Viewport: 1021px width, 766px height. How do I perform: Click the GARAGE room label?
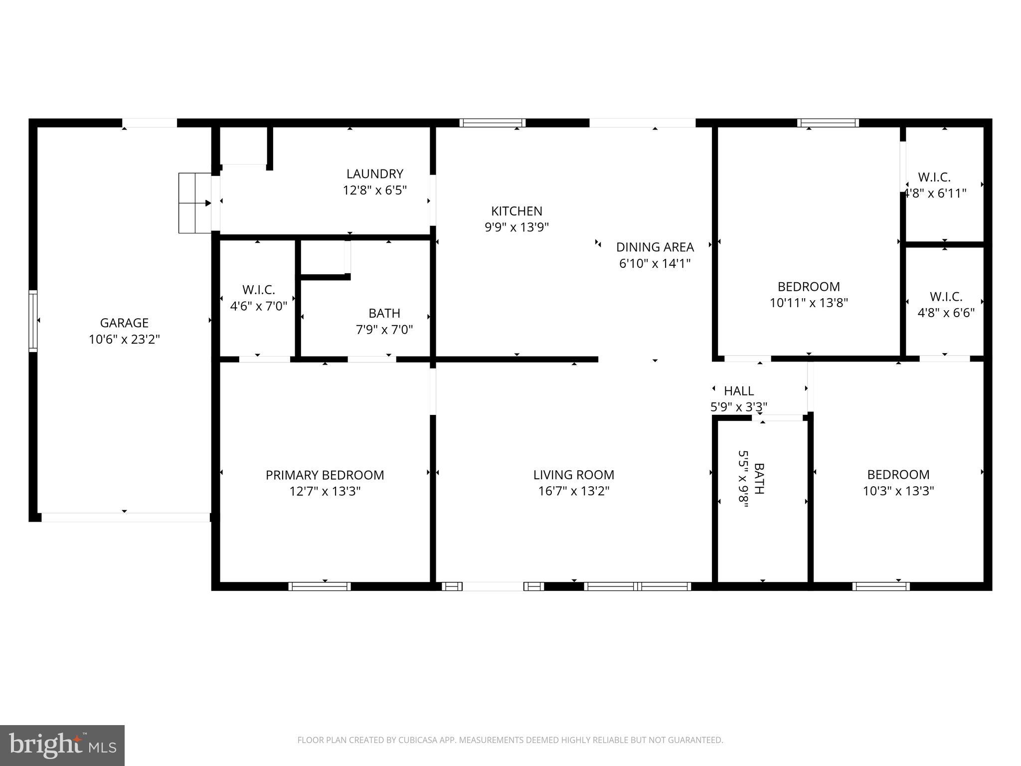(124, 323)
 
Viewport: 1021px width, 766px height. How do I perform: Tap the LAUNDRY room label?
(375, 174)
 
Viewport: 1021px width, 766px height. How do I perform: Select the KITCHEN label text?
(516, 211)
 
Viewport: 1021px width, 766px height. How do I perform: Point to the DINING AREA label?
(655, 247)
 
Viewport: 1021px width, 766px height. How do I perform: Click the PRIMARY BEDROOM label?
(325, 475)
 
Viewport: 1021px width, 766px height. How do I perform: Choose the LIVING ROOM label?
(573, 475)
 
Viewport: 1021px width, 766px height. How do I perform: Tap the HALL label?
(738, 391)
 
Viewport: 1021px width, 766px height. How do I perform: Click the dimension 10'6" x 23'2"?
(124, 340)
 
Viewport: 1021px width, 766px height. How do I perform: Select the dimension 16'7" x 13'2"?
(573, 491)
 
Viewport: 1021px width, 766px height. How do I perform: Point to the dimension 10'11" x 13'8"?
(809, 303)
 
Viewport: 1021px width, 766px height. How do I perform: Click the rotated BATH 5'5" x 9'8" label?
(751, 479)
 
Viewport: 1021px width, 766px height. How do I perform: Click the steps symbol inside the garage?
(194, 203)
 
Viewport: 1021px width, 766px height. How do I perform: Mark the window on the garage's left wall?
(33, 321)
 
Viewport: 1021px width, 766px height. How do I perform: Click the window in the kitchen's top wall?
(492, 123)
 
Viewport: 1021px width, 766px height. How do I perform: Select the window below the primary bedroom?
(319, 586)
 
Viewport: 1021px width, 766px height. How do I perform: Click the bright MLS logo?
(62, 745)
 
